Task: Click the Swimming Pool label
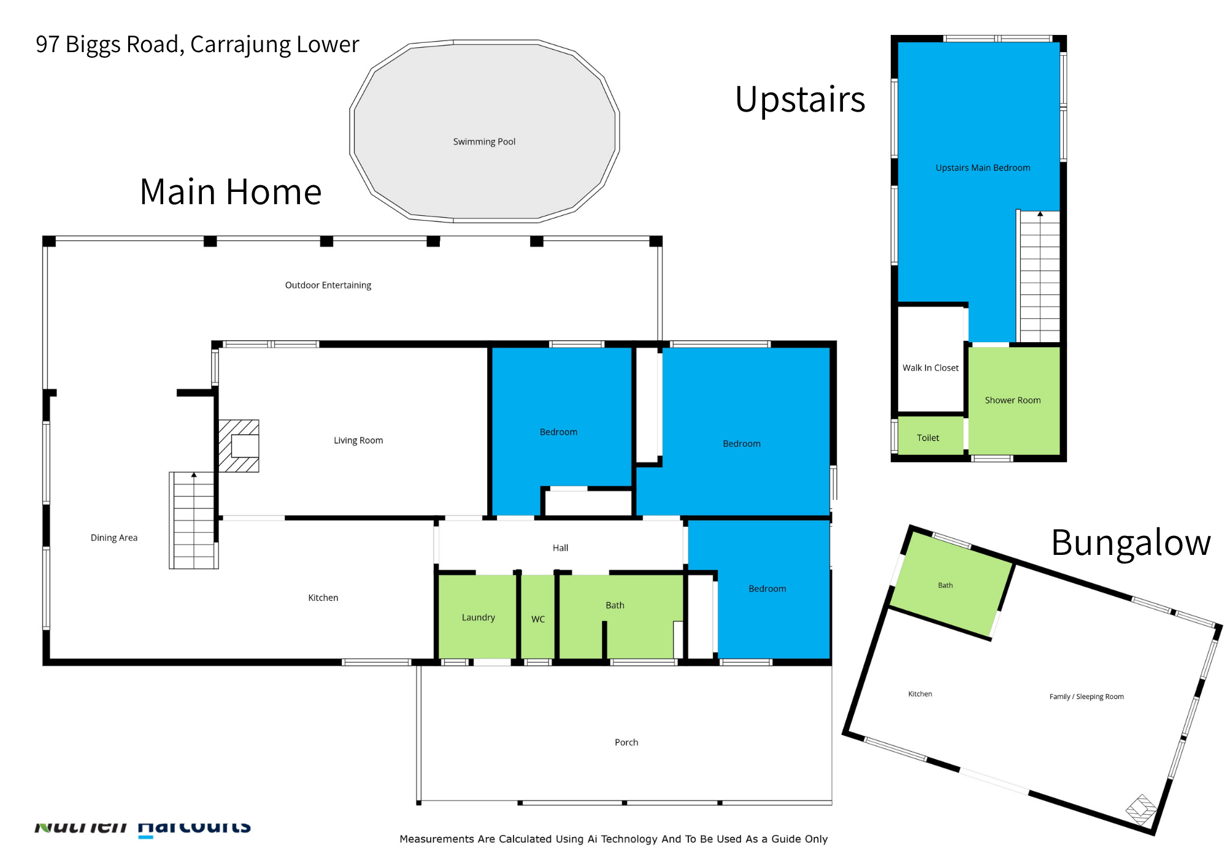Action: coord(484,142)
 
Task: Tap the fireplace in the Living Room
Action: coord(239,446)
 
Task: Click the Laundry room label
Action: coord(478,617)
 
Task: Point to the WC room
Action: coord(538,619)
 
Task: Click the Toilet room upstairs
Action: coord(928,438)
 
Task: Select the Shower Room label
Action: coord(1012,400)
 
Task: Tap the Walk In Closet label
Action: coord(930,368)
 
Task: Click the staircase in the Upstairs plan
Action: coord(1039,276)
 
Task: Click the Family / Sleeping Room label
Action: coord(1087,697)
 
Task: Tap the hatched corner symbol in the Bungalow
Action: coord(1141,810)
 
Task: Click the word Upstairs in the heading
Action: coord(799,100)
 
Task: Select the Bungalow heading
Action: coord(1130,543)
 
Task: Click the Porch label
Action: coord(626,743)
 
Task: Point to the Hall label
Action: coord(560,548)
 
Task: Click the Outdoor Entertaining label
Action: coord(328,285)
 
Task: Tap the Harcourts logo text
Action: coord(194,827)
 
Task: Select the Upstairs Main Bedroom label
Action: coord(982,168)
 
